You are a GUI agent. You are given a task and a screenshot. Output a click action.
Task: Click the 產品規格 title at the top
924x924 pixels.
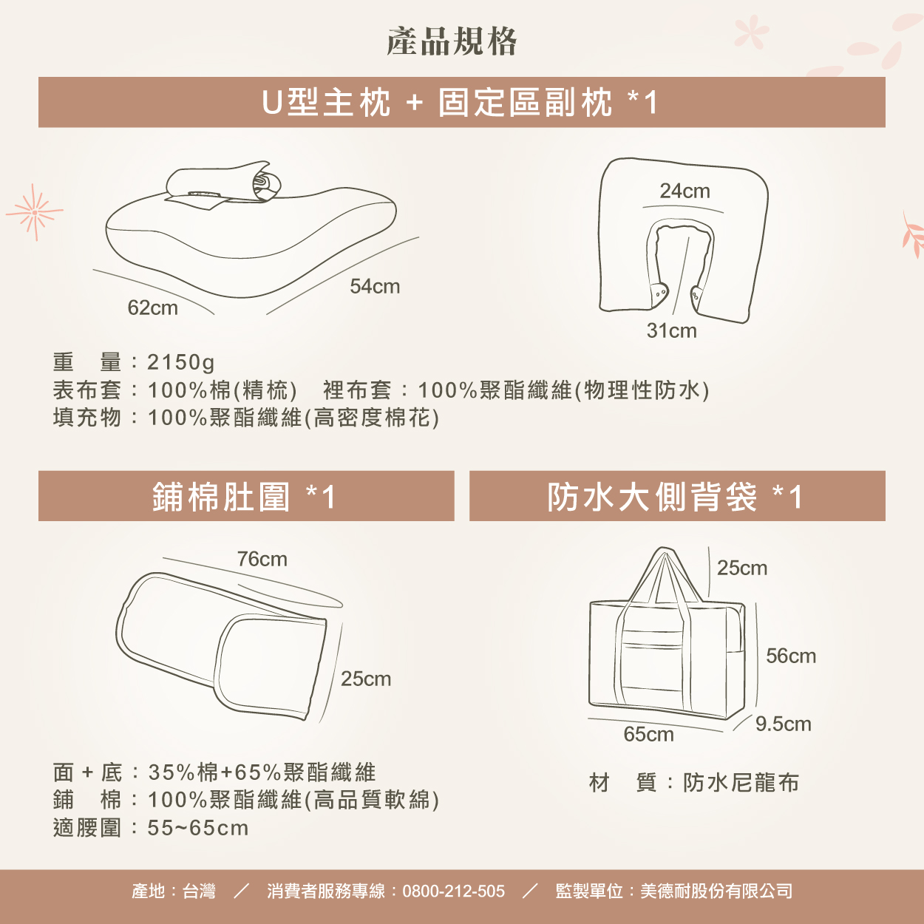[452, 41]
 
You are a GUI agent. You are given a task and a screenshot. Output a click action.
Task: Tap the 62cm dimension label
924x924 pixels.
[152, 308]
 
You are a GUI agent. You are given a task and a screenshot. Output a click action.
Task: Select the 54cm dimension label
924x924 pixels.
[375, 286]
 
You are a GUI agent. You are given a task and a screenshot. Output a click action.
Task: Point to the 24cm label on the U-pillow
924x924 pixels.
[684, 191]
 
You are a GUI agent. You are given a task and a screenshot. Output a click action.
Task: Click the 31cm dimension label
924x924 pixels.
[671, 330]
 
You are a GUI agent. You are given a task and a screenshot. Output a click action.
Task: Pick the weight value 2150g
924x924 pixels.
[181, 362]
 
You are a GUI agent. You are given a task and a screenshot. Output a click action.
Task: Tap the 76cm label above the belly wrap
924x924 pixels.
[262, 559]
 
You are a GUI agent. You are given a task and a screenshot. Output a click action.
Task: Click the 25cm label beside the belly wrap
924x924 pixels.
[366, 679]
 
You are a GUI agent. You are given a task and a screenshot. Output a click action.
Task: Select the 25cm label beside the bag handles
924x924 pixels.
[742, 568]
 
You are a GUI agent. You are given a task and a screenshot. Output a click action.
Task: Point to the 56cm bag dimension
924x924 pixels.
[791, 656]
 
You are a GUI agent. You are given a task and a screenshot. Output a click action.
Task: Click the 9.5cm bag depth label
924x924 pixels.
[784, 724]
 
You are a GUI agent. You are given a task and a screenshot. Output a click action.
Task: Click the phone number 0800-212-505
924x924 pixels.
[453, 891]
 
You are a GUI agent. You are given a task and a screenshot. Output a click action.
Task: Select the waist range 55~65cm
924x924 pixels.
[198, 828]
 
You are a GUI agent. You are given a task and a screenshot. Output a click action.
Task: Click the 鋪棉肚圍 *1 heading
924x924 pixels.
[244, 496]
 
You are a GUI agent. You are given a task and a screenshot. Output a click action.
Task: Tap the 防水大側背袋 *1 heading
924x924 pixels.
[675, 496]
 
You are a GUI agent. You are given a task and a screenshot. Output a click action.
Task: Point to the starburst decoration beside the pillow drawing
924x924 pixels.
[35, 212]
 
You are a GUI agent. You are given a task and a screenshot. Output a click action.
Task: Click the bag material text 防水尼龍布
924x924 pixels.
[741, 783]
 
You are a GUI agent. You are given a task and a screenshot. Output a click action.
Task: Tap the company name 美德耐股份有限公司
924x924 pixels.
[716, 891]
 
